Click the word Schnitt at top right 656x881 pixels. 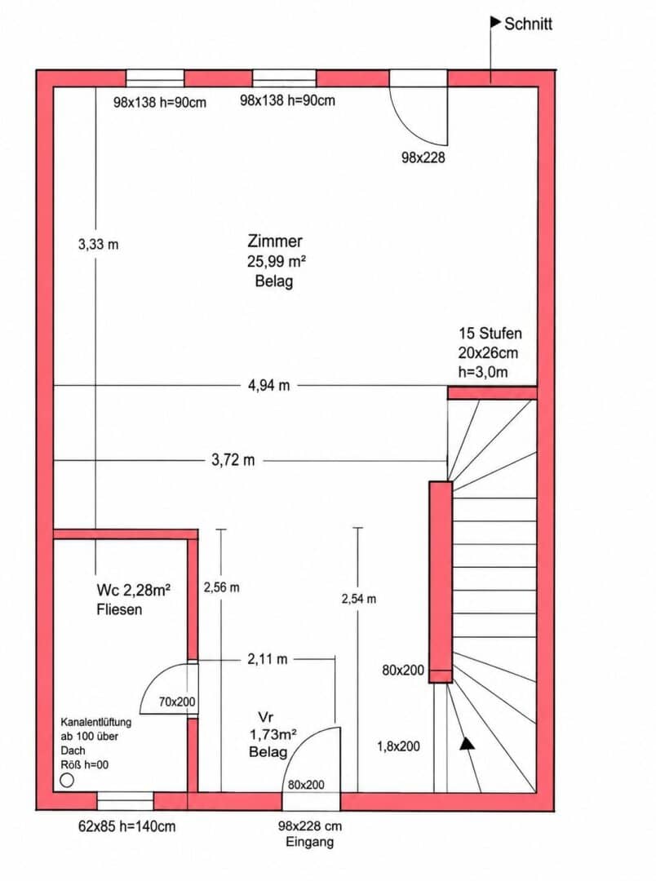click(x=528, y=24)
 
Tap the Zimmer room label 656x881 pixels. click(x=275, y=241)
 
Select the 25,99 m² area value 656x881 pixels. click(x=276, y=261)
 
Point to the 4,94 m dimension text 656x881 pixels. click(x=268, y=385)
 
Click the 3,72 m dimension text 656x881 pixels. click(x=233, y=460)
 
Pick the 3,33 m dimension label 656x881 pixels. click(x=99, y=245)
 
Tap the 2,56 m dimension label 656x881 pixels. click(x=221, y=587)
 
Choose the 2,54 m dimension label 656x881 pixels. click(x=359, y=599)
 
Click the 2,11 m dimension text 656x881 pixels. click(x=267, y=659)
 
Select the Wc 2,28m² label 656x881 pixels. click(x=133, y=590)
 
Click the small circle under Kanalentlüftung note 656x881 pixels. click(x=67, y=780)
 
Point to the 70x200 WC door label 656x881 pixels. click(x=177, y=702)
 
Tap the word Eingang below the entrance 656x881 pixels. click(x=309, y=842)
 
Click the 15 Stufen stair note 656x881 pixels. click(x=490, y=333)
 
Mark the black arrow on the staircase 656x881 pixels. click(x=468, y=744)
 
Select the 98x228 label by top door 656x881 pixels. click(x=423, y=158)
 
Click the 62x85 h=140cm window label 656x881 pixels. click(x=126, y=826)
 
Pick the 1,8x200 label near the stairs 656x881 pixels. click(x=398, y=746)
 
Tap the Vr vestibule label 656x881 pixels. click(x=265, y=717)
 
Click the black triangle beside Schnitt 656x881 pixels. click(x=496, y=23)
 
